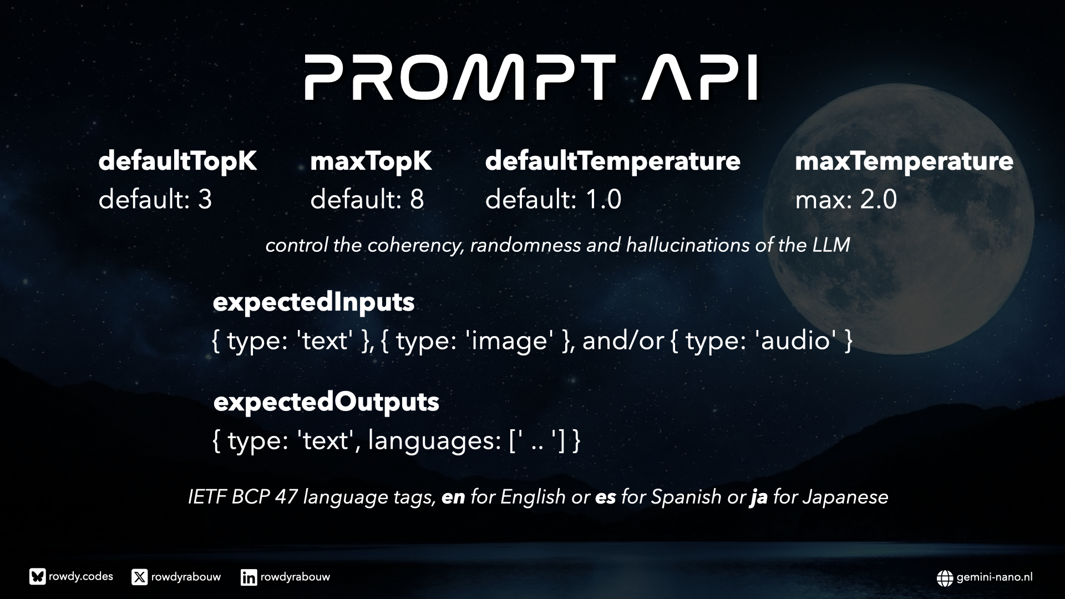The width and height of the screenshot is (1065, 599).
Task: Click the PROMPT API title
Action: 531,77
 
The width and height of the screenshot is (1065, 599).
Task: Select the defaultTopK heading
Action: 177,161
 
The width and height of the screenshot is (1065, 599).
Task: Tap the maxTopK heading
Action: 371,161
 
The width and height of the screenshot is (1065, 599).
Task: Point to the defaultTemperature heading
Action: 613,161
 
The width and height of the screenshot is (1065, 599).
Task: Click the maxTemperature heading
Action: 904,161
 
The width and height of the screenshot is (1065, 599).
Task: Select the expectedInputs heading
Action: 314,303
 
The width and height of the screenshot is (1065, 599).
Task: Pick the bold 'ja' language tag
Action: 759,498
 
